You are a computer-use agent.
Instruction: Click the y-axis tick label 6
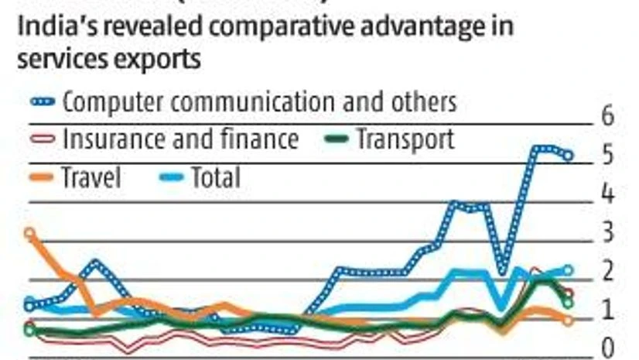(607, 115)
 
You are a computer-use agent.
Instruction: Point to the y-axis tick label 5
(607, 155)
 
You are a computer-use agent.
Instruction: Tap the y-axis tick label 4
(607, 193)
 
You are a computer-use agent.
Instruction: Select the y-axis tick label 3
(607, 231)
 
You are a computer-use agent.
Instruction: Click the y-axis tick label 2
(607, 270)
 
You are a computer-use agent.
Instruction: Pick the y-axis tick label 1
(607, 309)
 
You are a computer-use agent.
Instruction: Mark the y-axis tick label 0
(607, 345)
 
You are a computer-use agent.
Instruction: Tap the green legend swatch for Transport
(336, 139)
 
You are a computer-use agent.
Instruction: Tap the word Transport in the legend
(405, 139)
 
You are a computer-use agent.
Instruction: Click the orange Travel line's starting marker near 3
(29, 233)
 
